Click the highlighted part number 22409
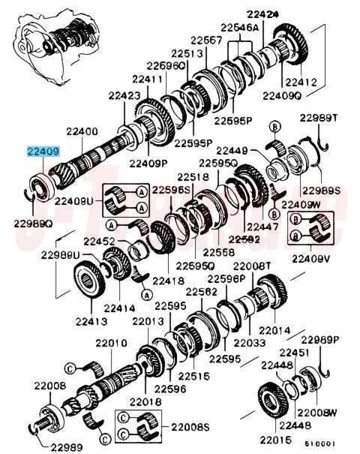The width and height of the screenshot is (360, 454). tap(43, 152)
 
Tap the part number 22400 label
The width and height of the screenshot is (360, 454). tap(82, 132)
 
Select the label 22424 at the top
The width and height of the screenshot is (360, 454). tap(262, 14)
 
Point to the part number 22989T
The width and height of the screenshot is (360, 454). tap(318, 118)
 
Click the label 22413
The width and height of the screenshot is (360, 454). tap(91, 321)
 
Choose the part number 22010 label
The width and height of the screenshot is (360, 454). tap(112, 343)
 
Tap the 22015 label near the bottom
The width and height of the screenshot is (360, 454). tap(275, 440)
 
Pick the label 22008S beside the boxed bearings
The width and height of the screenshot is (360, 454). tap(190, 427)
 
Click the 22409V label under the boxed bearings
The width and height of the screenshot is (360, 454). tap(310, 259)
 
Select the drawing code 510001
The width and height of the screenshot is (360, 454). tap(319, 443)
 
